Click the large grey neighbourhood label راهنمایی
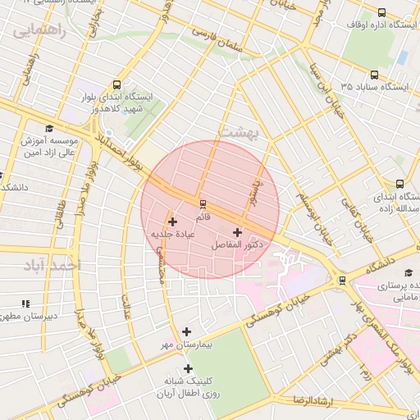[38, 31]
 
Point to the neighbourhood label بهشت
[237, 131]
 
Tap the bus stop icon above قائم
[203, 204]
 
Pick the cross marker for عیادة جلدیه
[172, 221]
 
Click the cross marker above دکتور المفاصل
[237, 232]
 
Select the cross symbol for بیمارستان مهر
[187, 332]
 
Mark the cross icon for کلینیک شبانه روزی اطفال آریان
[188, 368]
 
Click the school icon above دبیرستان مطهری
[25, 304]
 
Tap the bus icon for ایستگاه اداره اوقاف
[381, 12]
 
